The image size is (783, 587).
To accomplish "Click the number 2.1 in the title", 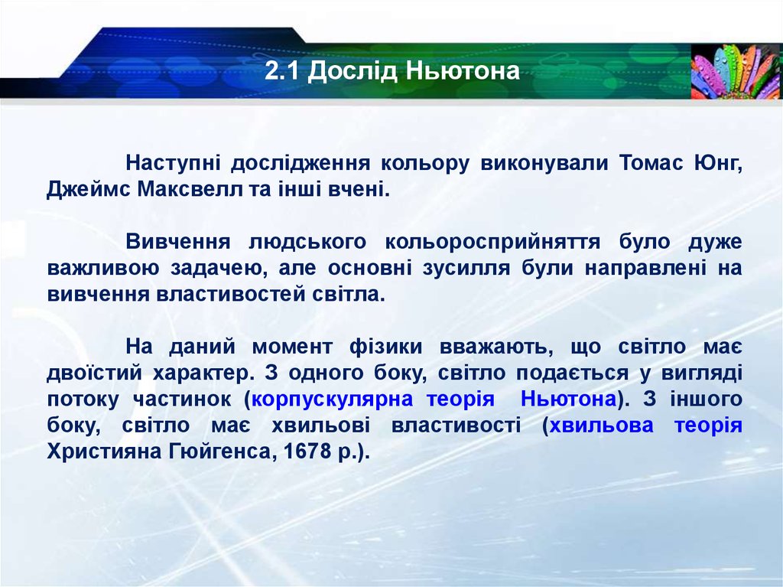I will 281,72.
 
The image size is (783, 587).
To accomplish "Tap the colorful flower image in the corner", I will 736,71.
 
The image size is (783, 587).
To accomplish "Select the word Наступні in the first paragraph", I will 174,163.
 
